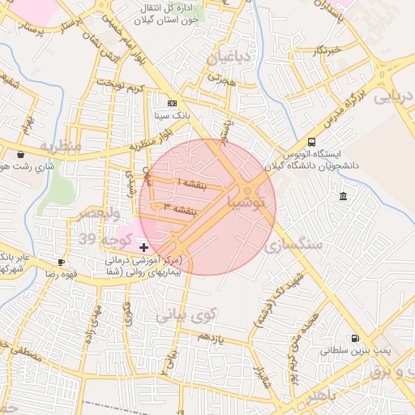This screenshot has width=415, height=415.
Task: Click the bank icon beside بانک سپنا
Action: click(x=172, y=104)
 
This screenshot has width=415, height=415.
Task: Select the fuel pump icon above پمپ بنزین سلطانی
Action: click(x=354, y=339)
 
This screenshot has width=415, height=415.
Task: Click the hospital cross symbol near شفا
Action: click(x=144, y=246)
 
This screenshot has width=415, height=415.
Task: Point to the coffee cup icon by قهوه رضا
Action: click(x=62, y=262)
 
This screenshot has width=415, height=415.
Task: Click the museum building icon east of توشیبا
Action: click(x=344, y=197)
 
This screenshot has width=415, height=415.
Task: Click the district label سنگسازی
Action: click(x=295, y=243)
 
